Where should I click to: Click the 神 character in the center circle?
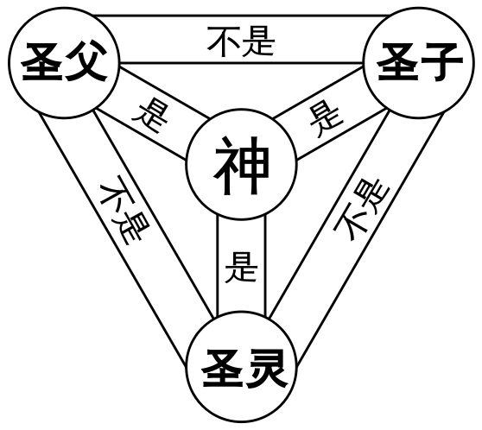(241, 166)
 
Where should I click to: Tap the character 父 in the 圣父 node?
(86, 62)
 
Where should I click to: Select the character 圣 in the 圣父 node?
(41, 62)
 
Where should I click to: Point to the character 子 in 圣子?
(441, 62)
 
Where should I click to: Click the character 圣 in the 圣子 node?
(397, 62)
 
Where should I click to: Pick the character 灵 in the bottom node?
(266, 369)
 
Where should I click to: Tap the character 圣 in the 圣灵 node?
(223, 369)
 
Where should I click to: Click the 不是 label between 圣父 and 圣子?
(241, 41)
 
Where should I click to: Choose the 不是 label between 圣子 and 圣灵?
(361, 209)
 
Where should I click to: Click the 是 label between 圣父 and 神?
(150, 117)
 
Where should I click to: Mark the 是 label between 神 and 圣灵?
(241, 268)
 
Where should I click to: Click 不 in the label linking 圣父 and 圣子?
(224, 41)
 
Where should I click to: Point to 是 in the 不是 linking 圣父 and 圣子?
(258, 41)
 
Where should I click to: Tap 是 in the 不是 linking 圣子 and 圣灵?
(373, 194)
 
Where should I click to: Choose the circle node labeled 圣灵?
(241, 366)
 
